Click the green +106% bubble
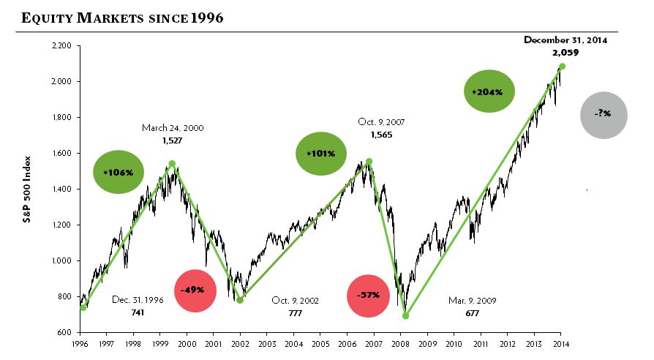point(119,172)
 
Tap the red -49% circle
point(195,290)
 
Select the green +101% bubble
point(320,154)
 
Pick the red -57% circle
point(368,295)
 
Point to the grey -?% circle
point(604,115)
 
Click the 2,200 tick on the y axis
point(61,46)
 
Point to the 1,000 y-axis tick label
point(61,260)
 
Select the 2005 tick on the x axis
point(320,342)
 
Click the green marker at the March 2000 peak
point(171,164)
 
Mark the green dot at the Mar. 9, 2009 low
point(406,315)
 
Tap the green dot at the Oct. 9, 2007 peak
point(369,161)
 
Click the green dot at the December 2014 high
point(562,67)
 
